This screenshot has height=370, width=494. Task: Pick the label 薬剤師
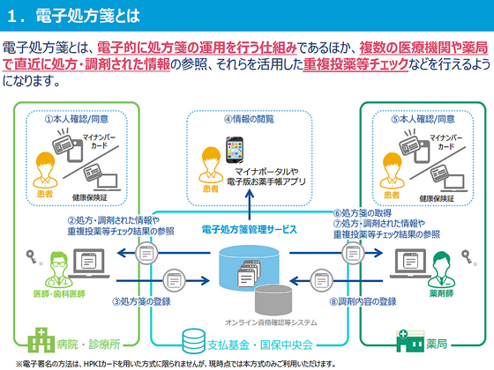(x=440, y=292)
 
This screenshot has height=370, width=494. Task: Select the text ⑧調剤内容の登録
(x=363, y=300)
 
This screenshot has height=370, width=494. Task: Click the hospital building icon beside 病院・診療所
(x=41, y=338)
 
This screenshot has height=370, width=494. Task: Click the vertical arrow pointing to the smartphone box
(x=250, y=203)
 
